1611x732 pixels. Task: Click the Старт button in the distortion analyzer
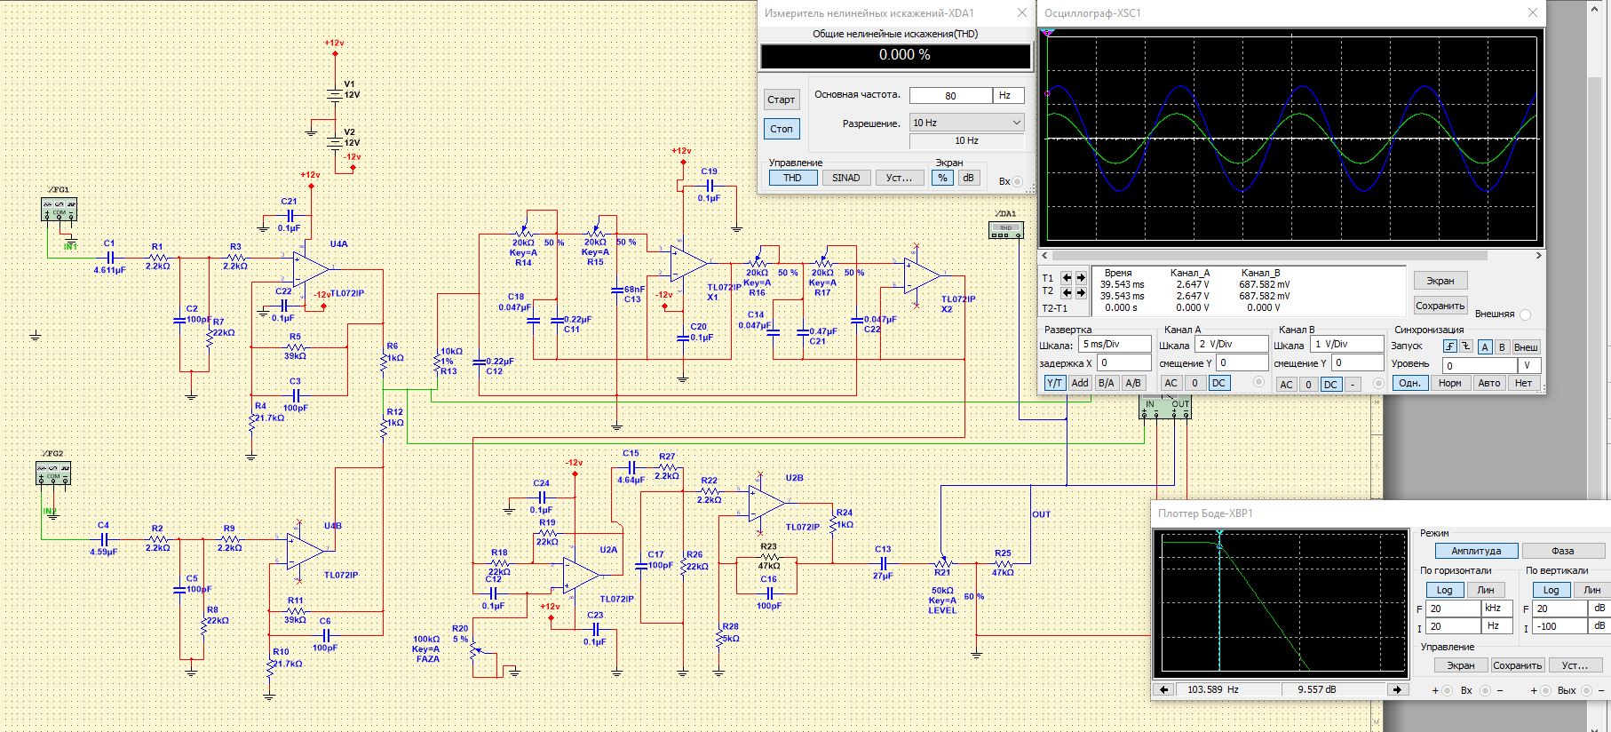[782, 99]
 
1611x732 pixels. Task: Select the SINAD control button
[845, 178]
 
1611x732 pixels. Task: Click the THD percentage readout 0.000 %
[896, 55]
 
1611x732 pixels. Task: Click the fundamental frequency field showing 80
[950, 95]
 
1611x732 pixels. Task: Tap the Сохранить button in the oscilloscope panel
[1440, 306]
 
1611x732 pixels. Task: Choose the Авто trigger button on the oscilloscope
[1489, 383]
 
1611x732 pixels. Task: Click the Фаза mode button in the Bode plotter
[1562, 551]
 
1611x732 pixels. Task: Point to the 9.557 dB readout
[1316, 689]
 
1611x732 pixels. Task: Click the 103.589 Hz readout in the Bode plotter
[1212, 689]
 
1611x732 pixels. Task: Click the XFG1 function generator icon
[60, 210]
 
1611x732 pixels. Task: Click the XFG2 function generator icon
[52, 473]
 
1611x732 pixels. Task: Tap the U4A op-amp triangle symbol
[311, 267]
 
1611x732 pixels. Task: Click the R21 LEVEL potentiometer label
[942, 609]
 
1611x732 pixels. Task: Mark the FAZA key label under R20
[427, 659]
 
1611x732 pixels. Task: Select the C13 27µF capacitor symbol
[883, 562]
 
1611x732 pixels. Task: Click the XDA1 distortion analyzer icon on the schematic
[1006, 230]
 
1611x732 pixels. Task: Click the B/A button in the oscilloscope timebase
[1106, 383]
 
